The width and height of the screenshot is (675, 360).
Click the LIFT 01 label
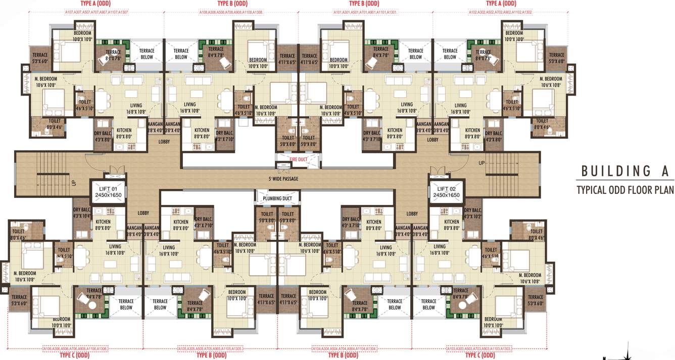coord(107,188)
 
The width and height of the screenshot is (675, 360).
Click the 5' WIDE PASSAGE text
coord(283,179)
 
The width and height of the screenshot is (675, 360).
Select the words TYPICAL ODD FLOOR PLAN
coord(625,190)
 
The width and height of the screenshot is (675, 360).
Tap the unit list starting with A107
coord(97,12)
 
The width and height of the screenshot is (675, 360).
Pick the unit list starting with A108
coord(231,12)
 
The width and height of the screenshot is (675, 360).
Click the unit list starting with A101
coord(365,12)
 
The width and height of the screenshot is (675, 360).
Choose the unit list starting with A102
coord(500,12)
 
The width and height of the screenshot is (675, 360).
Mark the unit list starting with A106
coord(75,348)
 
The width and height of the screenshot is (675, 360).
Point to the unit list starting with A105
coord(210,348)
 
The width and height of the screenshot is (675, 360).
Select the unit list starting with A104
coord(345,348)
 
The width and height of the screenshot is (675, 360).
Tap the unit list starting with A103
coord(479,348)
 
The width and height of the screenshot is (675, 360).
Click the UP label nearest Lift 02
coord(481,163)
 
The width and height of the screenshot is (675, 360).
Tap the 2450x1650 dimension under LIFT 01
coord(107,195)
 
